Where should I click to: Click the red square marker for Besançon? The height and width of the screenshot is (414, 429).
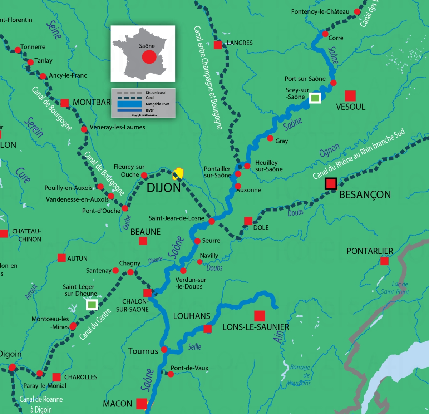(x=331, y=184)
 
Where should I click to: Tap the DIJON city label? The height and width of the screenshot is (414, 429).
(x=164, y=188)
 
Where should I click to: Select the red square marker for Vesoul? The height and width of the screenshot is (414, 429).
(x=350, y=96)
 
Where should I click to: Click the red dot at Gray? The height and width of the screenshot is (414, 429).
(x=270, y=138)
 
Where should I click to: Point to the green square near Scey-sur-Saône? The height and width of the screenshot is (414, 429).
(x=315, y=97)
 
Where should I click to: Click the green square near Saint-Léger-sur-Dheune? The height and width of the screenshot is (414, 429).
(x=92, y=305)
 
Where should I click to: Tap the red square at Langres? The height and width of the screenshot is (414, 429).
(x=218, y=45)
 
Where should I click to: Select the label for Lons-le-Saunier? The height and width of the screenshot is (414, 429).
(x=256, y=327)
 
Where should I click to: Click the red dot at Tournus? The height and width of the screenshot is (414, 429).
(x=164, y=349)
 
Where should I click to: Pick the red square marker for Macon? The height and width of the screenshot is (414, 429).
(x=142, y=404)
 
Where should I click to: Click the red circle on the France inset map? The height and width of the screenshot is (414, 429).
(x=149, y=57)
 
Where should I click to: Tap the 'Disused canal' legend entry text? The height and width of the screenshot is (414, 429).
(x=156, y=93)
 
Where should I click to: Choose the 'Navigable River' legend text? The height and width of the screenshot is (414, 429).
(x=157, y=104)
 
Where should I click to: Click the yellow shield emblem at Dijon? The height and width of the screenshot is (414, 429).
(x=178, y=174)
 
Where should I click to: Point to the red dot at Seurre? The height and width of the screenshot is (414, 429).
(x=197, y=241)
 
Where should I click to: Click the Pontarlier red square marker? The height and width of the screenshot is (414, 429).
(x=384, y=261)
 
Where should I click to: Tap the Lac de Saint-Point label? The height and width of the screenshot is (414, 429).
(x=395, y=288)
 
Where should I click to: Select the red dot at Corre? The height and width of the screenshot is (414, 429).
(x=325, y=34)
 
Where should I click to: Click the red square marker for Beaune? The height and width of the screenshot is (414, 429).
(x=143, y=241)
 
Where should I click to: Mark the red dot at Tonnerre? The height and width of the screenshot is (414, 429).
(x=18, y=50)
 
